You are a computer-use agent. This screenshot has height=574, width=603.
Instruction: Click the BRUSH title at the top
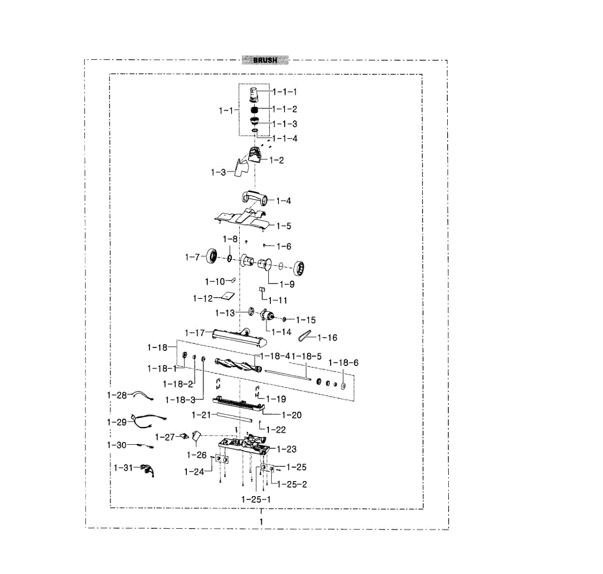pyautogui.click(x=265, y=60)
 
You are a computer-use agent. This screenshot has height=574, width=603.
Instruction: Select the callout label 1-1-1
pyautogui.click(x=285, y=92)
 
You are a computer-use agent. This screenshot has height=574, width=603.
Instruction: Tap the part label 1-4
pyautogui.click(x=283, y=201)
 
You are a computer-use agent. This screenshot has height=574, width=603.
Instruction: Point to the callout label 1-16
pyautogui.click(x=327, y=338)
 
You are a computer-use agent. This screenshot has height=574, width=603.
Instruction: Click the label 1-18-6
pyautogui.click(x=343, y=362)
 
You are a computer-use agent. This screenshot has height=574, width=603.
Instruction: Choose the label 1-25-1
pyautogui.click(x=256, y=500)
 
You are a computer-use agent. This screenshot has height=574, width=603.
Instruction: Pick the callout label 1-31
pyautogui.click(x=123, y=468)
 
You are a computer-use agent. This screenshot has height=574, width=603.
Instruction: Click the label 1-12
pyautogui.click(x=203, y=299)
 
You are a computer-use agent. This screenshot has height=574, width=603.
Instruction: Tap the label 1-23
pyautogui.click(x=286, y=449)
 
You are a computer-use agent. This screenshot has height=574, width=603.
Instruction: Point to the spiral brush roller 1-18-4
pyautogui.click(x=238, y=365)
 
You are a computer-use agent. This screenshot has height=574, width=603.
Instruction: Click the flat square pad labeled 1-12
pyautogui.click(x=228, y=296)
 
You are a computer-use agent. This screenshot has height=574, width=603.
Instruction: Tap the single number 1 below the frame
pyautogui.click(x=261, y=522)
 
